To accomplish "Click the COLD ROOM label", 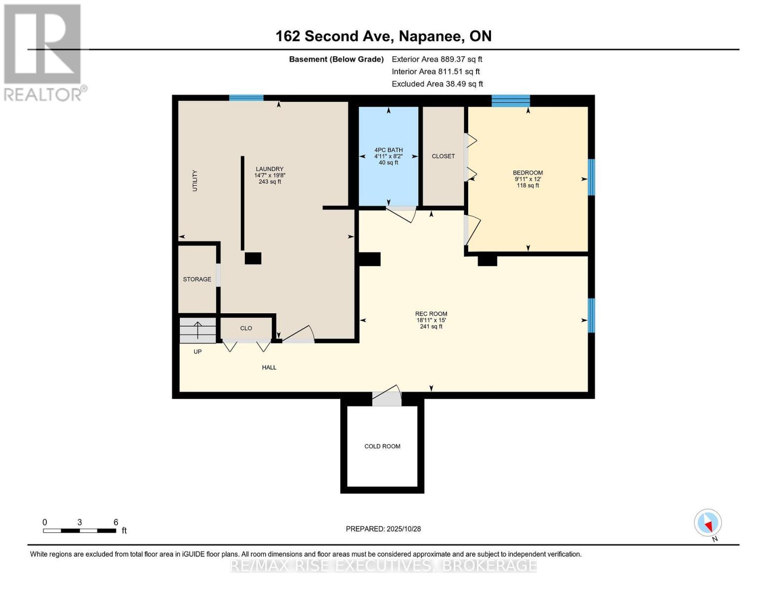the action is coord(382,446).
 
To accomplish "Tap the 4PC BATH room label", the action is coord(388,150).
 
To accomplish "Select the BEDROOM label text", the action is coord(527,172).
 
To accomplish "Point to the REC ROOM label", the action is coord(431,314).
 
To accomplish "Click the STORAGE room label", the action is coord(197,279).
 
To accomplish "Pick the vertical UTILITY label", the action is coord(195,180).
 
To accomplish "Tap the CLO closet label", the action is coord(246,328).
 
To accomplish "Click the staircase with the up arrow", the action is coord(198,330).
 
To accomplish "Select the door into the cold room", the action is coord(387,395).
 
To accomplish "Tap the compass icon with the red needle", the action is coord(707,523).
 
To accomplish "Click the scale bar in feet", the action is coord(80,530).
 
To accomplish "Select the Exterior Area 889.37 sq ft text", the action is coord(437,59).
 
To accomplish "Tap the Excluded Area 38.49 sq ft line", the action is coord(437,84).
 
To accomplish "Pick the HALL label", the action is coord(269,367).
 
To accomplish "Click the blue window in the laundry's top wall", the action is coord(246,98).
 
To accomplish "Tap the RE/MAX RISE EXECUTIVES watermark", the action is coord(384,566).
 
